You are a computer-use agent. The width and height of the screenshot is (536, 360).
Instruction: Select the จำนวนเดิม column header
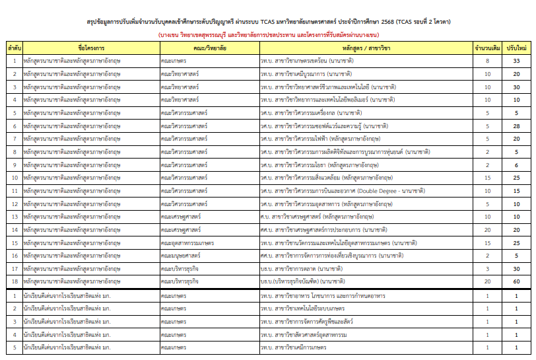487,49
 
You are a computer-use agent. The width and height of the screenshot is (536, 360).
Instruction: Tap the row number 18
15,281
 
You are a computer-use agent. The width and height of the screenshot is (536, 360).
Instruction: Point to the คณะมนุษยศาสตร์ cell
182,256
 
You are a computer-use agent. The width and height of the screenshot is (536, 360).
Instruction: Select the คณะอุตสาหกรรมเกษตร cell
187,242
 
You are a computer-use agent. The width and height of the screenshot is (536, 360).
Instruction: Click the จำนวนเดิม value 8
487,61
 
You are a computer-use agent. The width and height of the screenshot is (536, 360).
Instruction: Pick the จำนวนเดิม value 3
487,269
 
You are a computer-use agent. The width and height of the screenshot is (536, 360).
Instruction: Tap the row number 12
15,203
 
